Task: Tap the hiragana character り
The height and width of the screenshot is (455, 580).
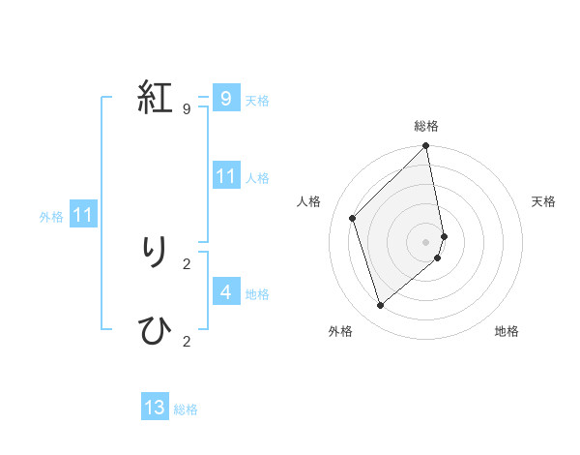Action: [155, 253]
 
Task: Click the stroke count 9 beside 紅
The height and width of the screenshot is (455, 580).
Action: [186, 108]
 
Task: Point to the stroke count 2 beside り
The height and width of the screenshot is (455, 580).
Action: [186, 263]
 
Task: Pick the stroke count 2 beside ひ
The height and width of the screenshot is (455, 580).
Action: [186, 341]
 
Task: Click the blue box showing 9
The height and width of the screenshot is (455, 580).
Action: [225, 98]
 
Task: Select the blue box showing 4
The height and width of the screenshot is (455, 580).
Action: [225, 291]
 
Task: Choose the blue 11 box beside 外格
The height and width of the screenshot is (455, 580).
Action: [82, 214]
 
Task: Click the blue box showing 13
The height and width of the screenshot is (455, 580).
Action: [155, 408]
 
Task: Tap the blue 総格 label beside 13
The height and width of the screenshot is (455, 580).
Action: [186, 409]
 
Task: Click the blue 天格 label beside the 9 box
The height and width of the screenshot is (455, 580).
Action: [257, 101]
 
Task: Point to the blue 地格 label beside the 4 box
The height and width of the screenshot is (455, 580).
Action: [257, 294]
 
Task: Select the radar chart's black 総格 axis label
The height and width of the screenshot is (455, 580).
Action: [426, 126]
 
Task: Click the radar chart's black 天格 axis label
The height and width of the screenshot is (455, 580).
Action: [543, 201]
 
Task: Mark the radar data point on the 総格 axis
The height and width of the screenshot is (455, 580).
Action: [426, 146]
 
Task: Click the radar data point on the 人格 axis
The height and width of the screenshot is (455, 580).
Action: [353, 218]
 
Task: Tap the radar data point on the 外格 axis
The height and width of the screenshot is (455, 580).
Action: [381, 305]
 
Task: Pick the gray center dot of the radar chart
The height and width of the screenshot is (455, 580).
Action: [426, 242]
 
